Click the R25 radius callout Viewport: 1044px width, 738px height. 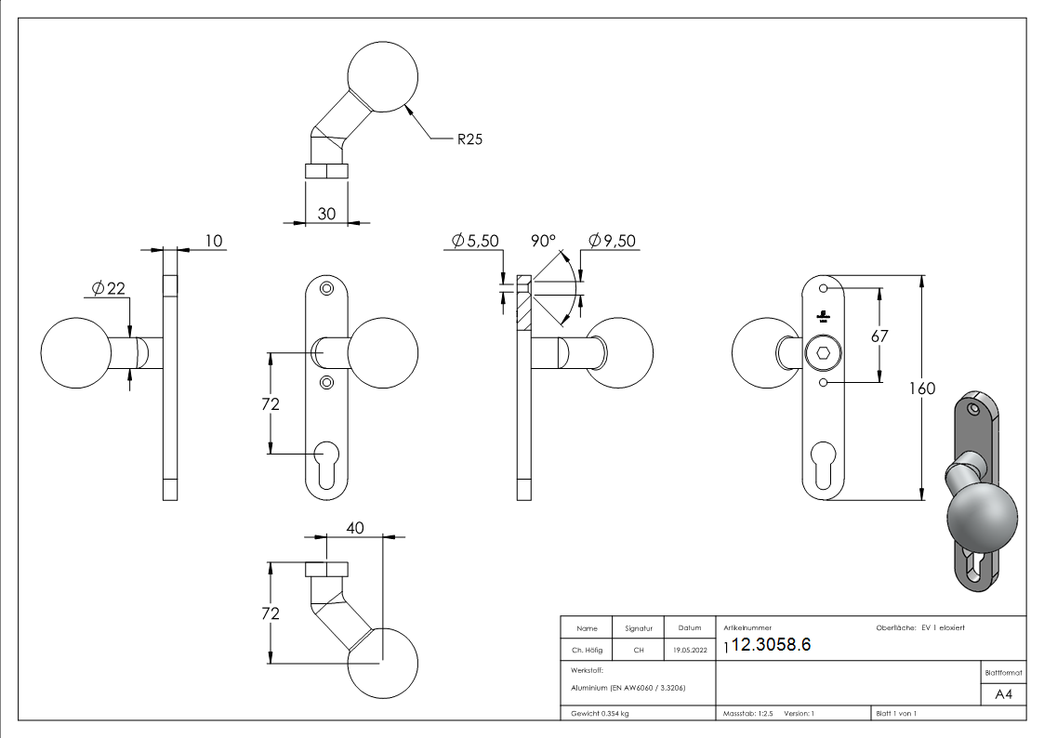(469, 140)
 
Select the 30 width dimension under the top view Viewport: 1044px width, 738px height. (327, 213)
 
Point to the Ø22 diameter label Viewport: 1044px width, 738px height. (108, 288)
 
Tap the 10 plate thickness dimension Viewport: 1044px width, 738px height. (214, 242)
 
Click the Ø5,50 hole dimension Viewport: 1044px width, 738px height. (475, 241)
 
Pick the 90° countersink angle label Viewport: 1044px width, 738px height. (543, 241)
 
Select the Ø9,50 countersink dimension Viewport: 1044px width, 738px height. (612, 241)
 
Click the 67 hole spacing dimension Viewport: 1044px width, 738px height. (880, 336)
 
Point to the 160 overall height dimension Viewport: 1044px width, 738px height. (923, 388)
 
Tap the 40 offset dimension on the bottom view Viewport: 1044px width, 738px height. (354, 527)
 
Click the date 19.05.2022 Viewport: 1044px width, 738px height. (689, 650)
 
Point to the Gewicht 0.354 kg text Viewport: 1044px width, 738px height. (599, 713)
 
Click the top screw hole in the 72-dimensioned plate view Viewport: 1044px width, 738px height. (325, 290)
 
